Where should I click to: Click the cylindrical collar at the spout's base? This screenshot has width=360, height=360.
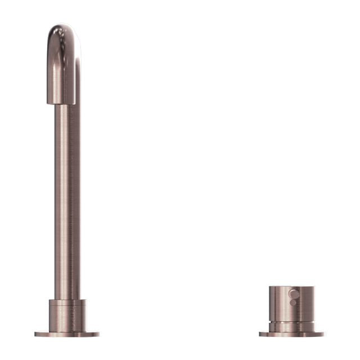[x=67, y=316]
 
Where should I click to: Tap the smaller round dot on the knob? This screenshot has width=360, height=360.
[x=291, y=302]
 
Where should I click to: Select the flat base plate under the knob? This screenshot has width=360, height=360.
[x=291, y=334]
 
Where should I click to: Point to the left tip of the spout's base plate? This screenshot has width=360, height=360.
[x=35, y=334]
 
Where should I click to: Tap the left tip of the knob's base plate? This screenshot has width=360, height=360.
[x=260, y=334]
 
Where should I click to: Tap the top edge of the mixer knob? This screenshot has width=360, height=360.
[x=291, y=287]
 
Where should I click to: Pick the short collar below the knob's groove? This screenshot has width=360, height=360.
[x=291, y=327]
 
